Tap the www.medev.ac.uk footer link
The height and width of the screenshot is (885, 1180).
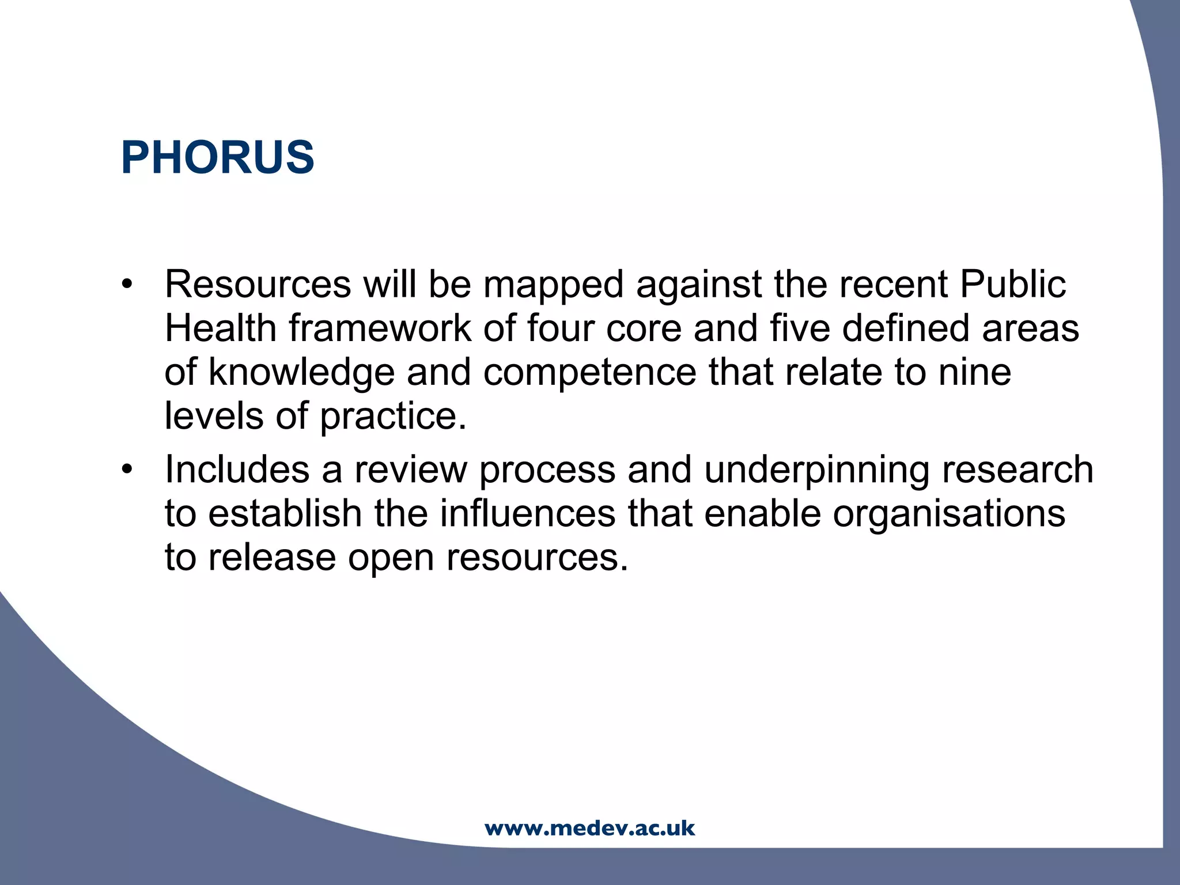click(x=589, y=829)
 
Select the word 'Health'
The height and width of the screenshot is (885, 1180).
click(x=221, y=328)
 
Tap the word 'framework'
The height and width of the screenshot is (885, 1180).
click(x=380, y=328)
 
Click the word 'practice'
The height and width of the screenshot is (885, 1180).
click(x=392, y=416)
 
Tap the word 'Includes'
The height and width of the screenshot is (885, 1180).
click(x=237, y=469)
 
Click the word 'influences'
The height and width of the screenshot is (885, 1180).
click(x=527, y=513)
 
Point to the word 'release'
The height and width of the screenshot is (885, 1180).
click(x=271, y=557)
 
